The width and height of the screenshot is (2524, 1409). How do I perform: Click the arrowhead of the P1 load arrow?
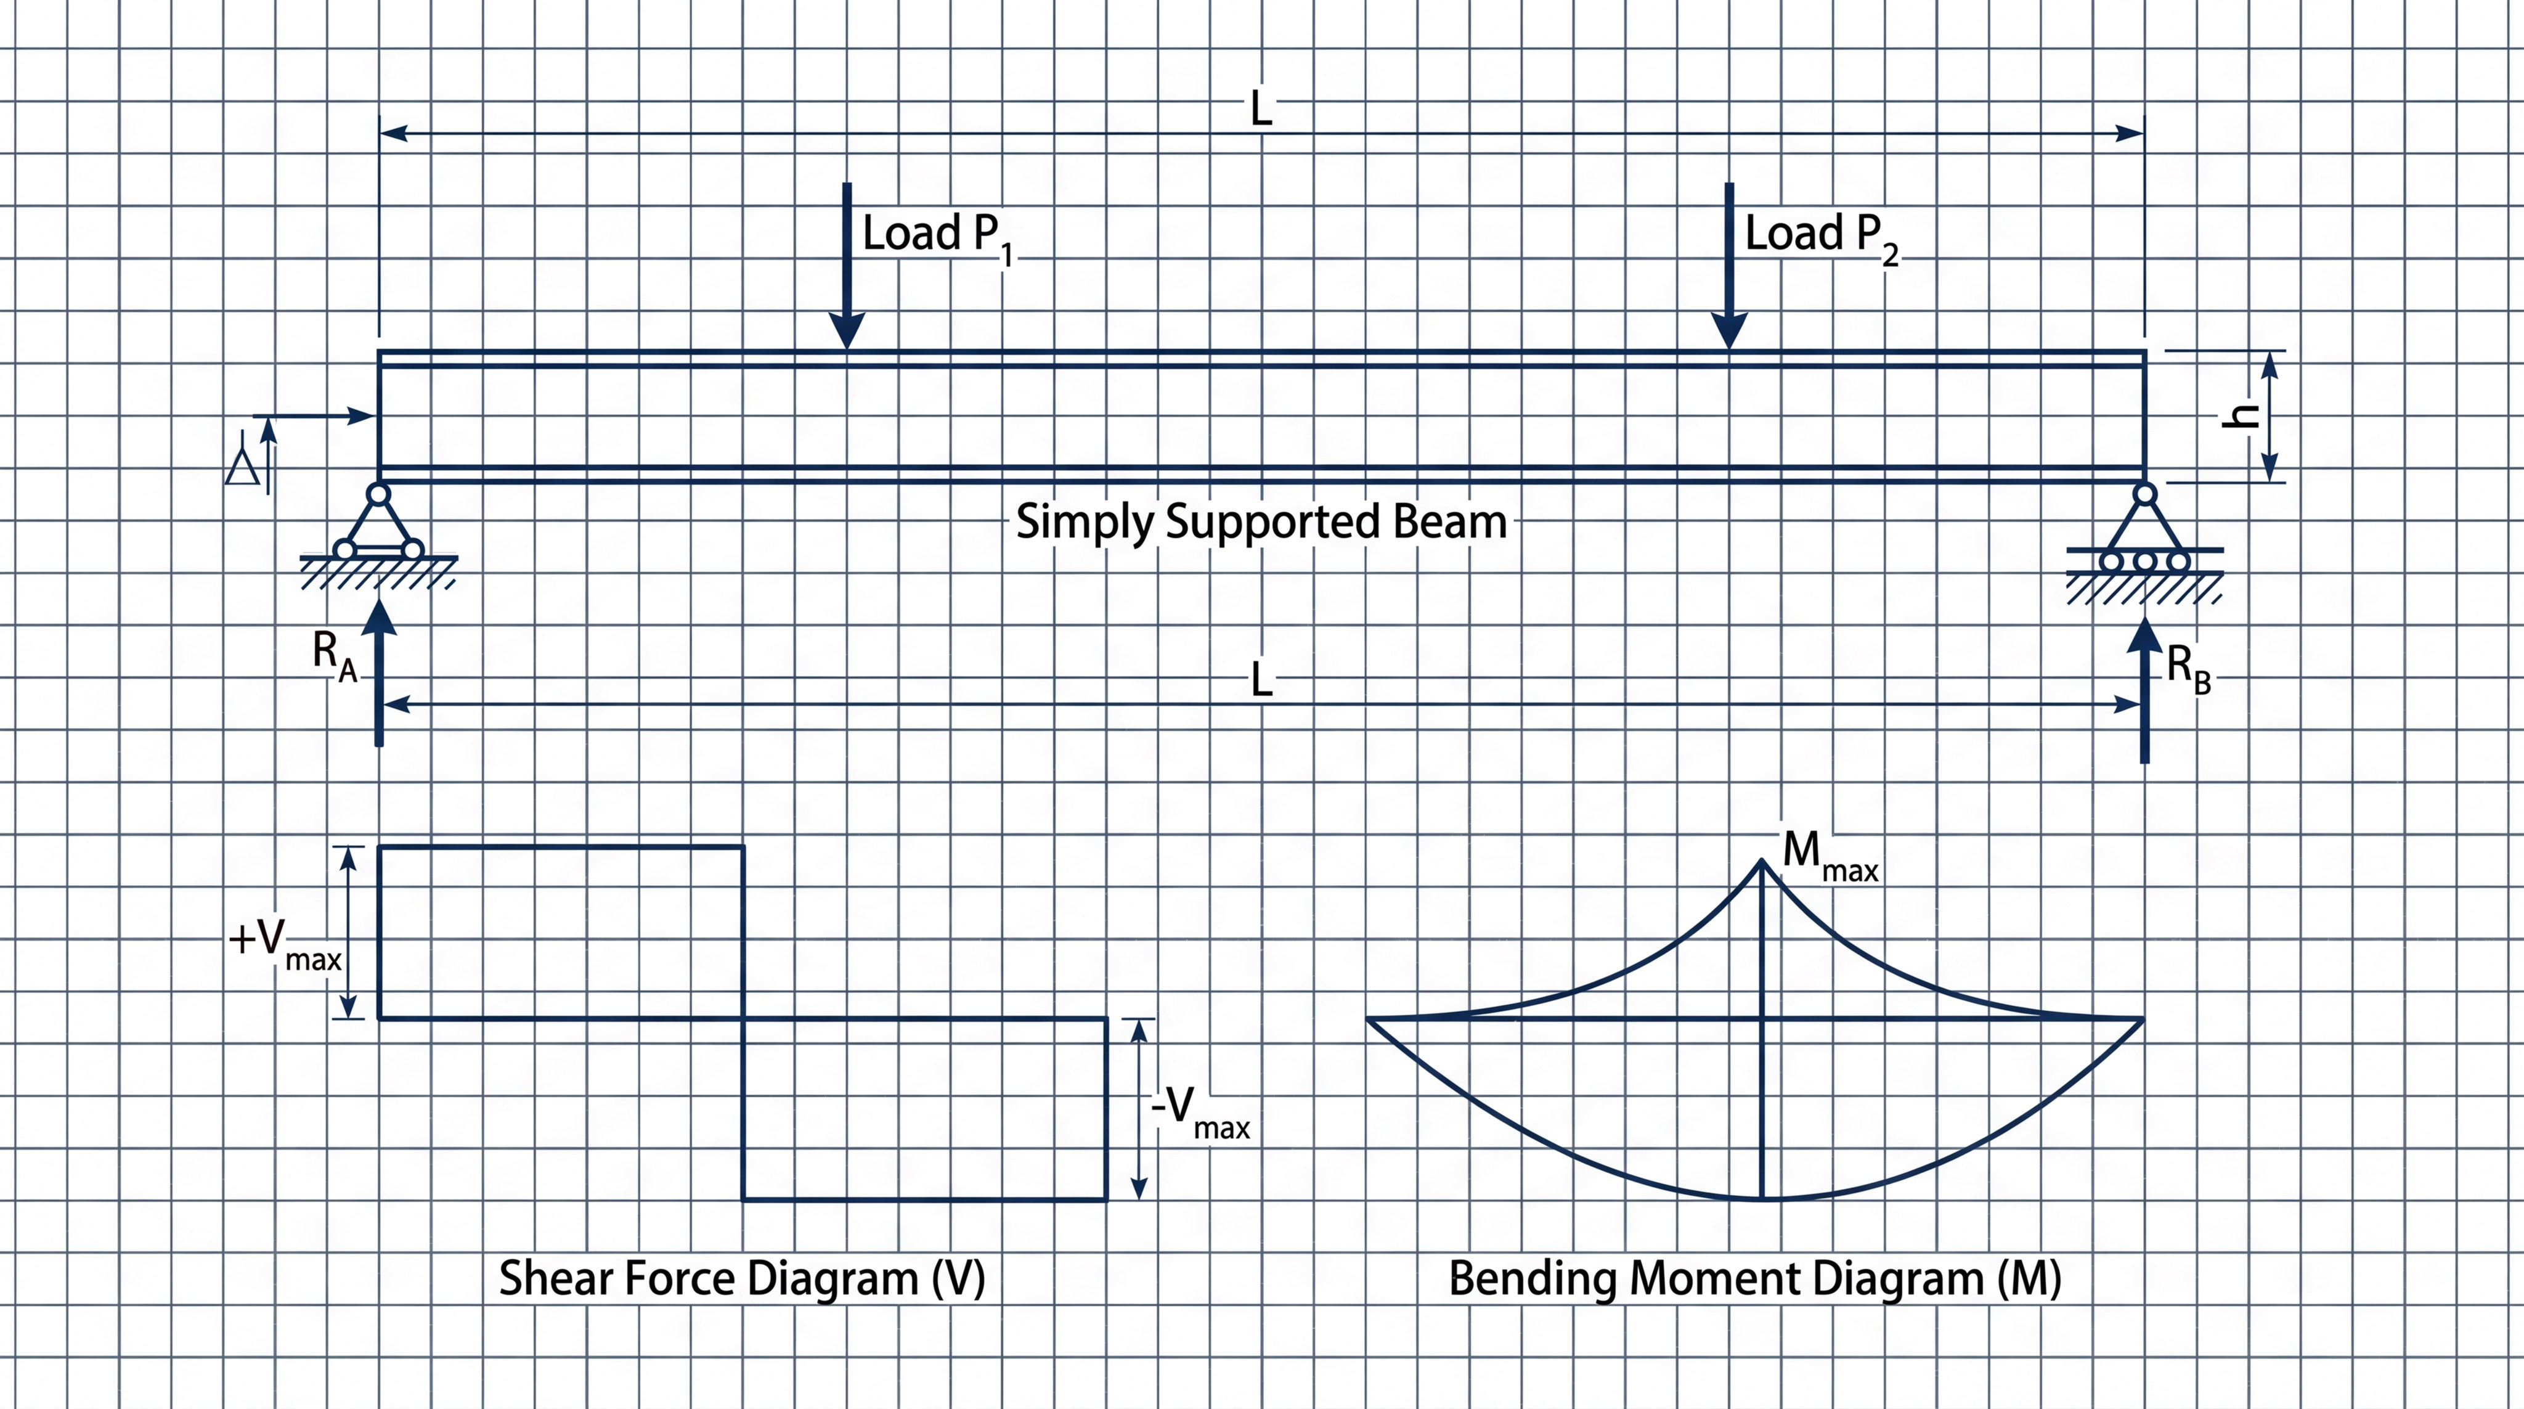pyautogui.click(x=847, y=331)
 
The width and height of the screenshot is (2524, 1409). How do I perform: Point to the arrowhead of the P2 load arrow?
pyautogui.click(x=1729, y=331)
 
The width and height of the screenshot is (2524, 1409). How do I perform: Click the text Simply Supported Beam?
pyautogui.click(x=1261, y=521)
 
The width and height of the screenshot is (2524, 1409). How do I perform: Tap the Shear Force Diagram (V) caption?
pyautogui.click(x=742, y=1279)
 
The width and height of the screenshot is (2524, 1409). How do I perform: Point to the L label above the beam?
pyautogui.click(x=1261, y=108)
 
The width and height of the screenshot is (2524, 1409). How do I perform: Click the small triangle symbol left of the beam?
pyautogui.click(x=242, y=467)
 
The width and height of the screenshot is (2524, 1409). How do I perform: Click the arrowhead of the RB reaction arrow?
pyautogui.click(x=2145, y=635)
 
